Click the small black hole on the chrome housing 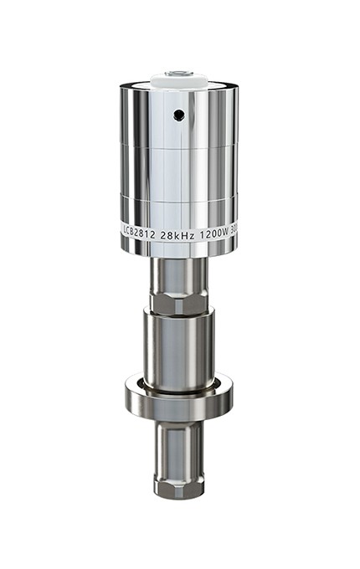point(178,115)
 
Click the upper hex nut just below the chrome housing point(178,300)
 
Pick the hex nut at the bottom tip point(178,486)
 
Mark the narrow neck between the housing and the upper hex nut point(178,272)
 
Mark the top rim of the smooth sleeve point(178,313)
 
